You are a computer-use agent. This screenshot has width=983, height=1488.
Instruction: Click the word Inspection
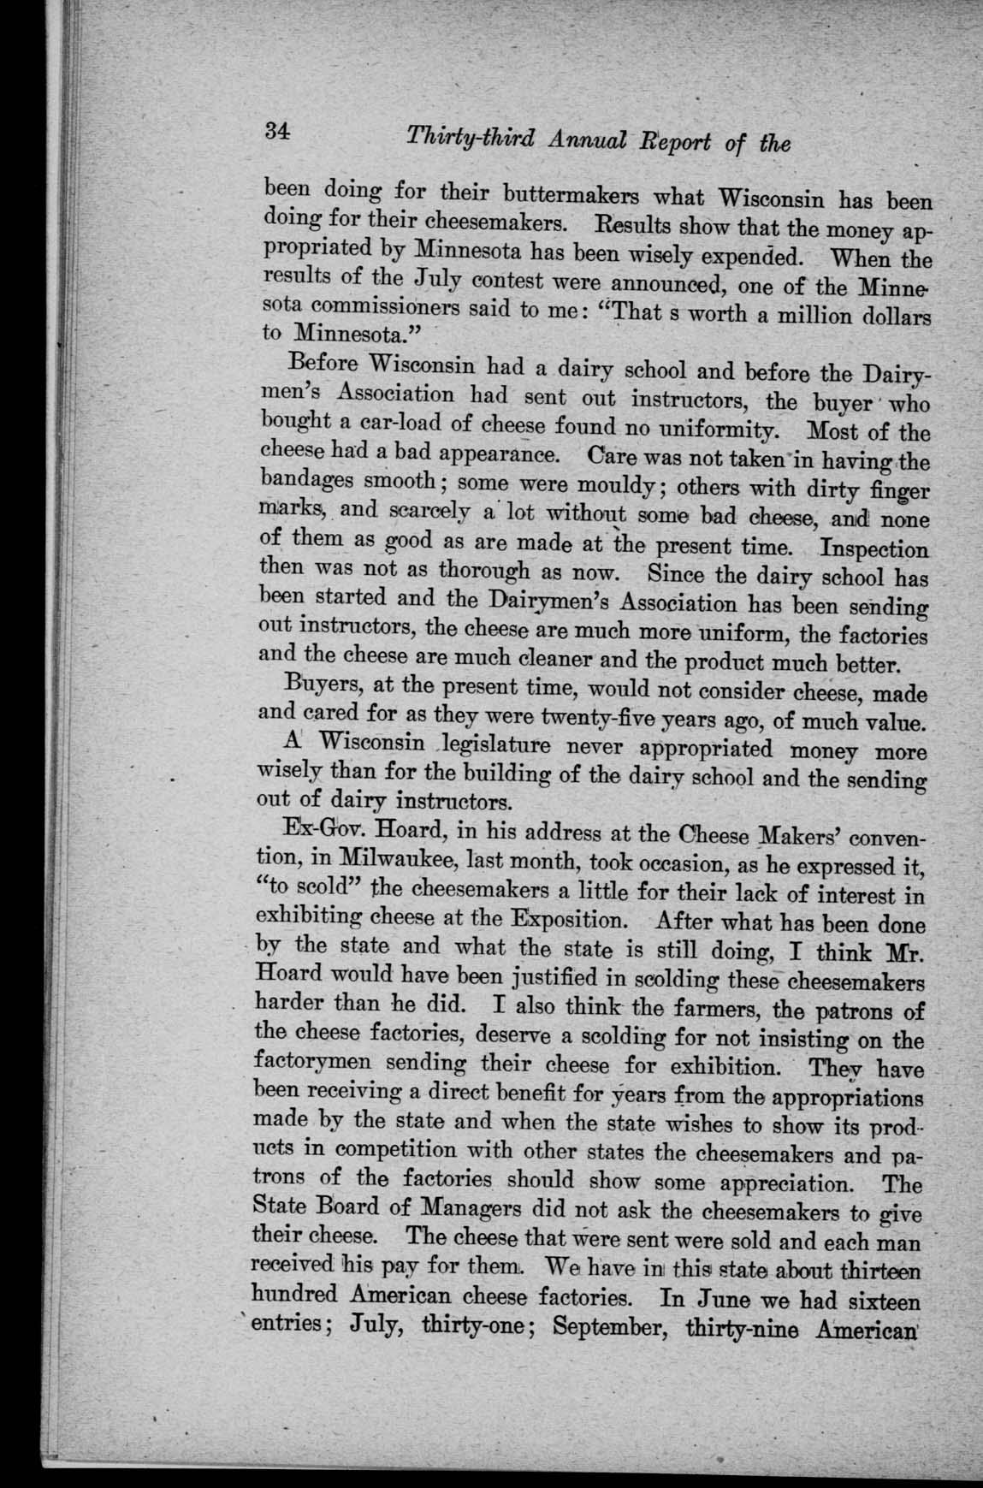(873, 548)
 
